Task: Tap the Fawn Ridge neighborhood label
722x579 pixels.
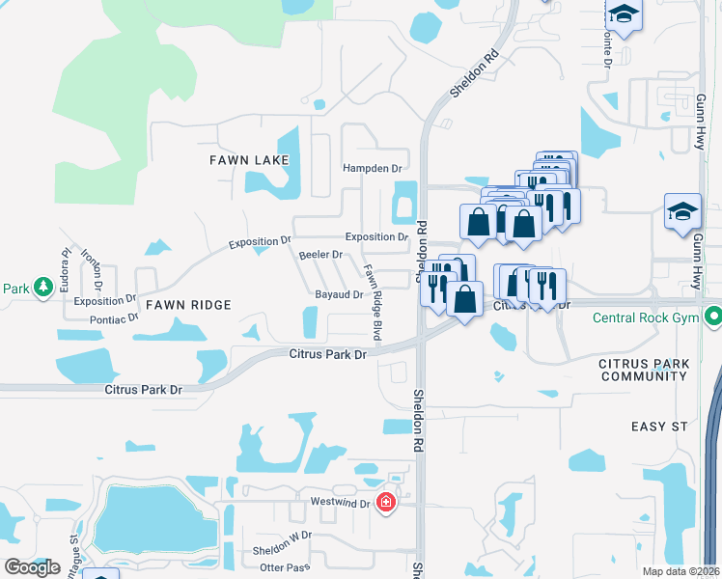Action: click(x=188, y=305)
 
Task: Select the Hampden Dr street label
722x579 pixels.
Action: click(x=372, y=168)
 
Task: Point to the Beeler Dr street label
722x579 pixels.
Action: click(x=320, y=255)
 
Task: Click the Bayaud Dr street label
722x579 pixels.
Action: click(x=338, y=295)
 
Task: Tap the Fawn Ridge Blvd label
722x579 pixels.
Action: click(x=372, y=302)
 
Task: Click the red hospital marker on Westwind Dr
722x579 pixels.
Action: click(x=386, y=502)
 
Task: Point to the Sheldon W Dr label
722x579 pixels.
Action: click(x=282, y=535)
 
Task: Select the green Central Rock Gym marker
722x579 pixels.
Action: click(x=713, y=316)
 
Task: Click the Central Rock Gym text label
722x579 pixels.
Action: click(x=645, y=317)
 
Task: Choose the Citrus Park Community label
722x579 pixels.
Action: click(x=644, y=370)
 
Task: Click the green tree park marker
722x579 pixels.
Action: click(x=42, y=288)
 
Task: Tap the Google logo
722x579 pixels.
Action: click(x=33, y=566)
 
